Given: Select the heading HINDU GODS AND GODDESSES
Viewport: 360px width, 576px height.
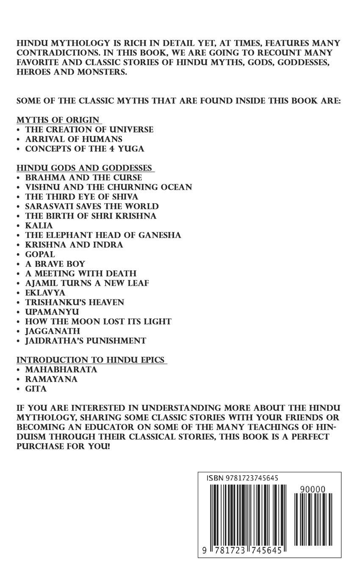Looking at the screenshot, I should (85, 167).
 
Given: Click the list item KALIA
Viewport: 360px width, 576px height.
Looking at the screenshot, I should (39, 225).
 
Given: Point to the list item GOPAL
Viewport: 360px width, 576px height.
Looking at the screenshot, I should (40, 254).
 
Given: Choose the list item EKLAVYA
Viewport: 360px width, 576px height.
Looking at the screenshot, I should (45, 293).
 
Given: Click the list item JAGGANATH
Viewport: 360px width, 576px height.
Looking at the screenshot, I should (53, 331).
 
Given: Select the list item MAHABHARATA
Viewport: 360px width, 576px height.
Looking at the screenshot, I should (61, 369).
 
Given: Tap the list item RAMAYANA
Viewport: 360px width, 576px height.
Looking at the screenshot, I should (51, 379).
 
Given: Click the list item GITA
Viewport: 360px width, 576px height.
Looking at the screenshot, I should (36, 389).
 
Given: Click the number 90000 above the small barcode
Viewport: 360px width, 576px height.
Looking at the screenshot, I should (312, 489).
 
